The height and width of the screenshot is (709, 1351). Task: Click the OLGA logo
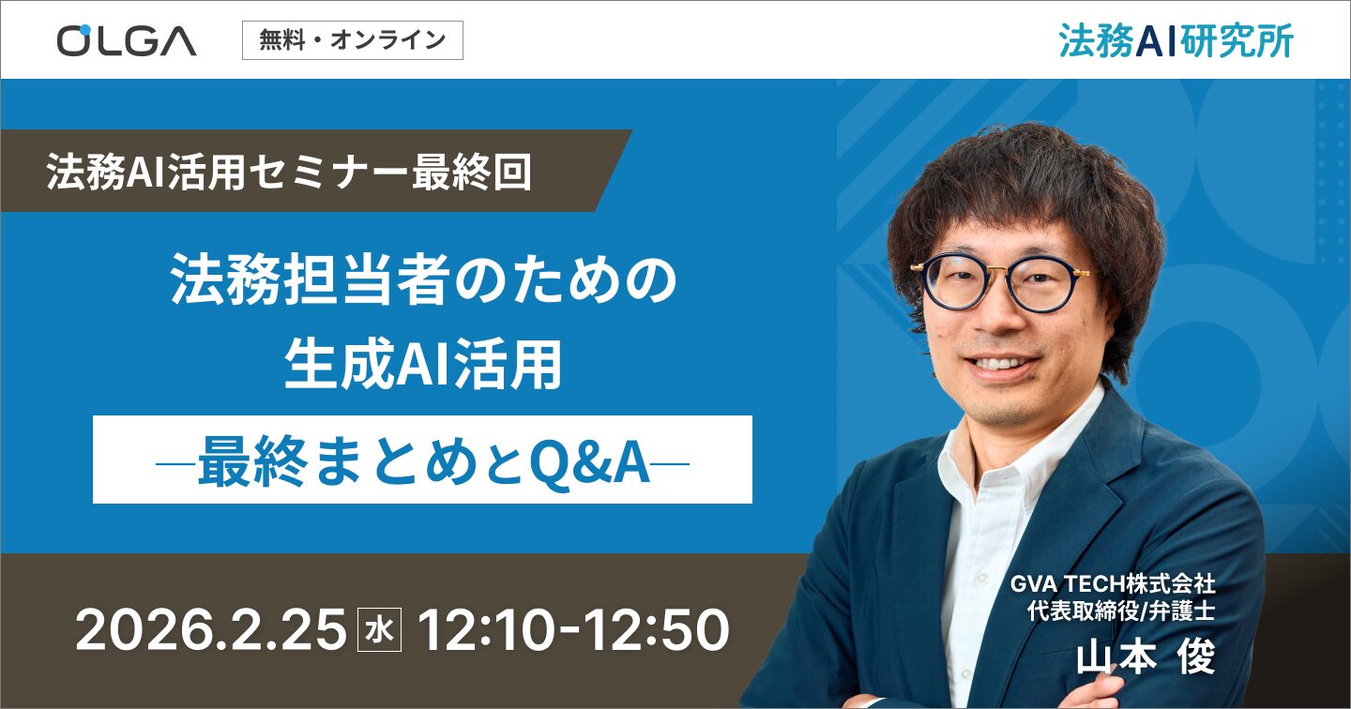pyautogui.click(x=127, y=40)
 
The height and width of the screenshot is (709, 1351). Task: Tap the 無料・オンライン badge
pyautogui.click(x=352, y=40)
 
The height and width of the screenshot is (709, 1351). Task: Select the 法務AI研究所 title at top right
pyautogui.click(x=1176, y=40)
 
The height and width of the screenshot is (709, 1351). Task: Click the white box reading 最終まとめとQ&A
pyautogui.click(x=422, y=460)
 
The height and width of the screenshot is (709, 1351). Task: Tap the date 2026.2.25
pyautogui.click(x=210, y=631)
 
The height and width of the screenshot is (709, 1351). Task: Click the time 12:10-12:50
pyautogui.click(x=573, y=631)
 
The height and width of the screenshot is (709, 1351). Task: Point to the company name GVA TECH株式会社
pyautogui.click(x=1113, y=583)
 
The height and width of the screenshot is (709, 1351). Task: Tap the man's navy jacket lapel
pyautogui.click(x=1107, y=506)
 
